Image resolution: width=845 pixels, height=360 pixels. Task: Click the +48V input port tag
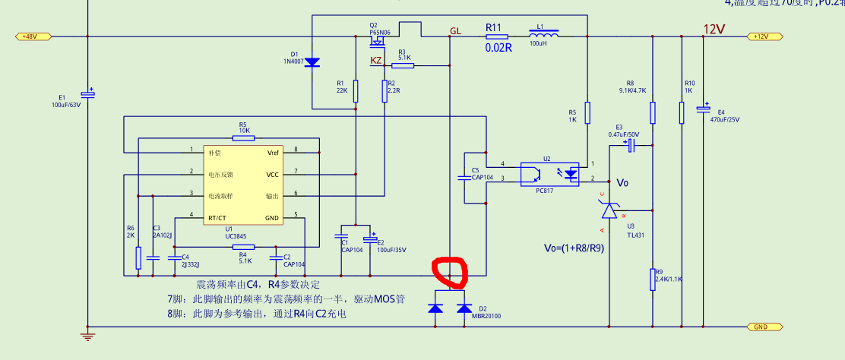coord(32,36)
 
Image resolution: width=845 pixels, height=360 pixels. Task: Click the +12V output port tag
coord(761,36)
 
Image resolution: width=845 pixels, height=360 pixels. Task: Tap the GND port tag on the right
coord(760,327)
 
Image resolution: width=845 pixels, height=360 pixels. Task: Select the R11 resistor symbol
coord(497,36)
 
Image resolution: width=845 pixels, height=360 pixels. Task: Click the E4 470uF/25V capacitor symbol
coord(704,109)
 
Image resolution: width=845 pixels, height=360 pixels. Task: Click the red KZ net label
coord(376,60)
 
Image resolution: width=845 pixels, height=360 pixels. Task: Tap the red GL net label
coord(455,31)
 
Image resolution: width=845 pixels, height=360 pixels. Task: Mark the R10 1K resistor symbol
coord(681,112)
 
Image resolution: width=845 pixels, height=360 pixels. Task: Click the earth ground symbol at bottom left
coord(88,336)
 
